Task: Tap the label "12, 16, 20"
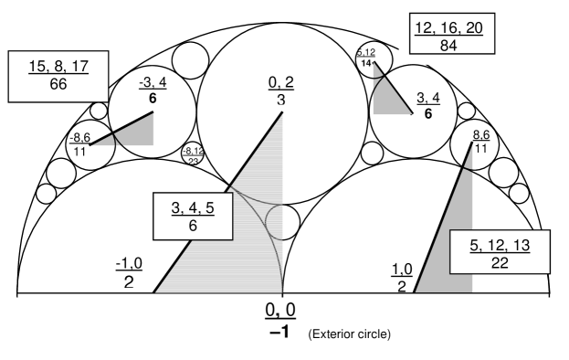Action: coord(448,27)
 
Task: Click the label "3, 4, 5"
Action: coord(194,208)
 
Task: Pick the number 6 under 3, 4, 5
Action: coord(194,225)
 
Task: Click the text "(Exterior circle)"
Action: coord(351,334)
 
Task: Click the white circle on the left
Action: coord(60,173)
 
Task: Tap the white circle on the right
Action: coord(503,170)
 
